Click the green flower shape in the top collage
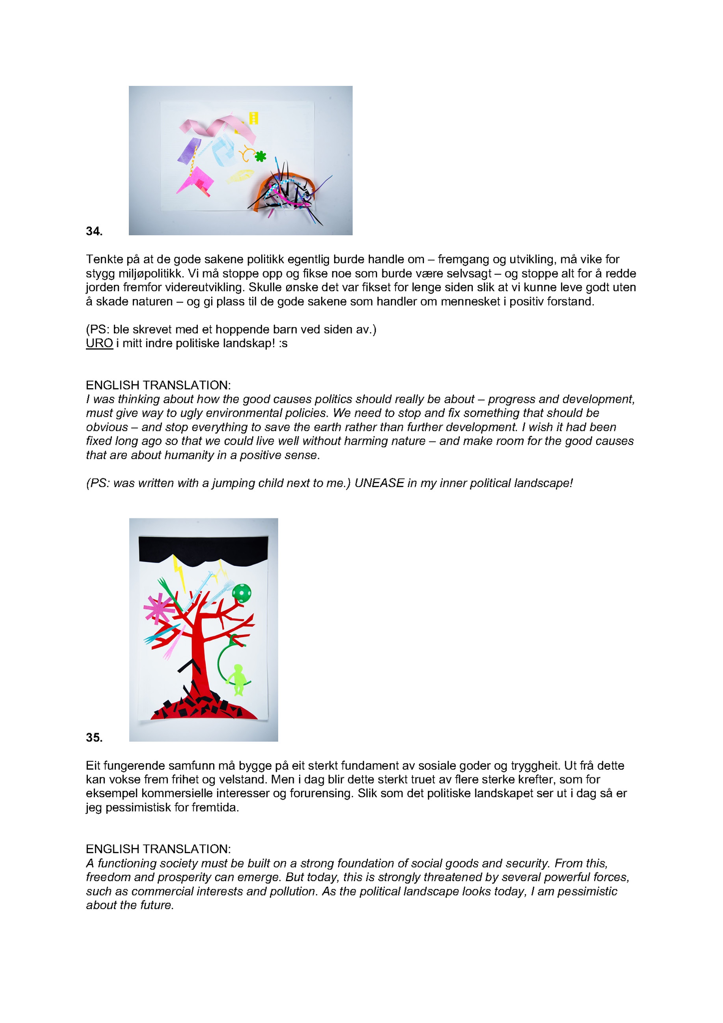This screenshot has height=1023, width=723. click(x=260, y=157)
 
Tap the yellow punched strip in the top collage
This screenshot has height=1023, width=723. click(x=253, y=118)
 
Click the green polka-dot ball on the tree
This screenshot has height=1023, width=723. click(x=242, y=593)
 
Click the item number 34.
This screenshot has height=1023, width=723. click(x=94, y=231)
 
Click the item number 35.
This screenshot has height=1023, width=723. click(x=94, y=737)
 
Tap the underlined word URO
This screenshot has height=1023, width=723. click(x=99, y=344)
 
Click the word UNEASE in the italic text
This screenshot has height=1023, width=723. click(x=379, y=484)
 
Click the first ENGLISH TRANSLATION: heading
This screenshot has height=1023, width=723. click(x=158, y=385)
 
